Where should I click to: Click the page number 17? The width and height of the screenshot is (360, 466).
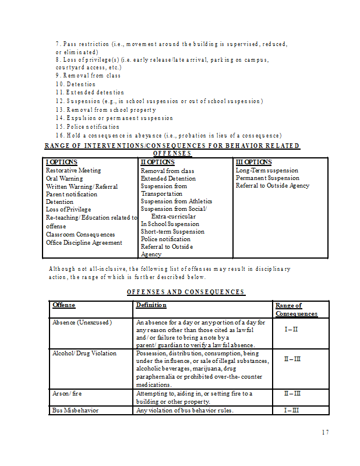point(325,432)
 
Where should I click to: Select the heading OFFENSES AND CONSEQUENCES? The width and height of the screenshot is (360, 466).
point(186,292)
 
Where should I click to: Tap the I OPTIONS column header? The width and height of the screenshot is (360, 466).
point(62,162)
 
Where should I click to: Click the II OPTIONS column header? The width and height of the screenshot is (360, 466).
point(158,162)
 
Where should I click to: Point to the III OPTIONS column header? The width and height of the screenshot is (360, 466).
point(253,162)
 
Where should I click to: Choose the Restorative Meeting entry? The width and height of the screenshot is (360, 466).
point(73,171)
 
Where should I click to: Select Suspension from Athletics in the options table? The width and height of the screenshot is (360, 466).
point(177,202)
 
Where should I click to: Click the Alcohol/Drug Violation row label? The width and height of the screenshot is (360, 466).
point(84,353)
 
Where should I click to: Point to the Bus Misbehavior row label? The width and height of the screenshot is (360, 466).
point(76,410)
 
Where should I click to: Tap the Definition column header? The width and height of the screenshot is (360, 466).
point(151,305)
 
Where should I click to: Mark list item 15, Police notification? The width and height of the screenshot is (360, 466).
point(88,126)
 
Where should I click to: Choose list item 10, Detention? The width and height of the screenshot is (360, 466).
point(76,84)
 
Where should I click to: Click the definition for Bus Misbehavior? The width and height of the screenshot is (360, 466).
point(185,410)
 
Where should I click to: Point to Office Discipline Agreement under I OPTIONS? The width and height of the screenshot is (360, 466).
point(84,242)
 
